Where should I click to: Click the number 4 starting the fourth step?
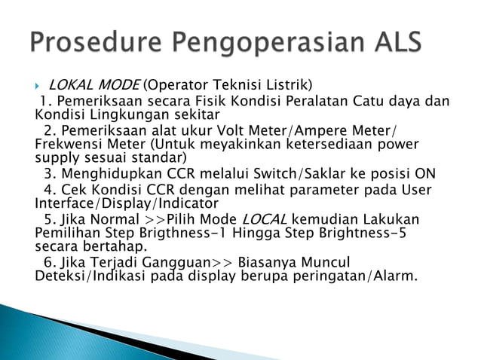coord(47,189)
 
